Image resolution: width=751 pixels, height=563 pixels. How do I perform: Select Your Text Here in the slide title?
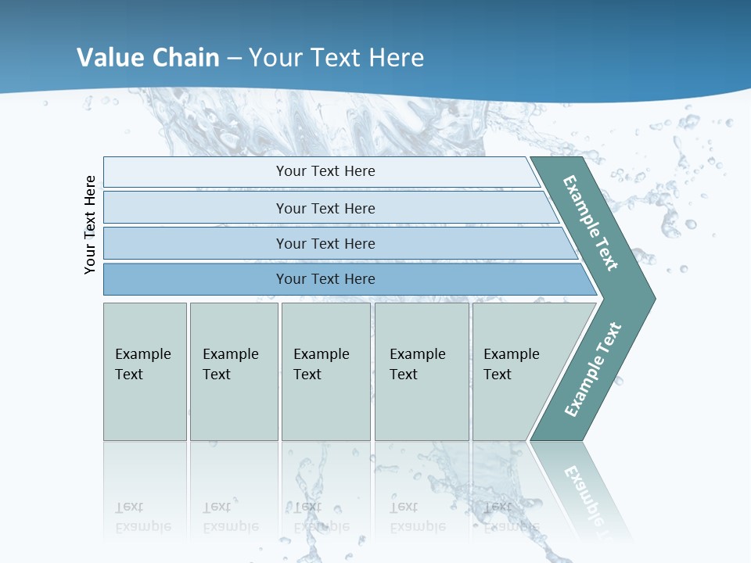click(336, 58)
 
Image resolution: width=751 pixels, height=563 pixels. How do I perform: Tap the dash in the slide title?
click(234, 59)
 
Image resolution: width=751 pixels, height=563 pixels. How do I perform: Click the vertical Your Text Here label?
click(90, 224)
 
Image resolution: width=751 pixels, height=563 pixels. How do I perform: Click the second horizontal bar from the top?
click(325, 208)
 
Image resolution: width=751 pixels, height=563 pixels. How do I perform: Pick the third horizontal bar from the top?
click(325, 243)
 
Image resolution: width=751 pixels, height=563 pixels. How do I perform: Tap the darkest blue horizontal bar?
click(325, 279)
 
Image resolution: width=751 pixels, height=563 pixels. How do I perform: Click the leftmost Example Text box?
click(145, 371)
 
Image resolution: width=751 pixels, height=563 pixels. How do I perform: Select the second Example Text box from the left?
click(233, 371)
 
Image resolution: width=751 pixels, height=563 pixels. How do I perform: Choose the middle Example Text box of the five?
click(325, 371)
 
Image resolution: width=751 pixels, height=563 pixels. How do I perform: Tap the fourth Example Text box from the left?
click(422, 371)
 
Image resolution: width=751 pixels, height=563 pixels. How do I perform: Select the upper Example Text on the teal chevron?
click(591, 223)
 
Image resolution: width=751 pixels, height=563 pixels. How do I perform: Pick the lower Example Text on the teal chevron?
click(592, 370)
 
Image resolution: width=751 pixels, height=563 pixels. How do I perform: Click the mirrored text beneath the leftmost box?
click(142, 517)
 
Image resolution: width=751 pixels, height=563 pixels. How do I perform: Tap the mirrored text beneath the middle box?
click(321, 517)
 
